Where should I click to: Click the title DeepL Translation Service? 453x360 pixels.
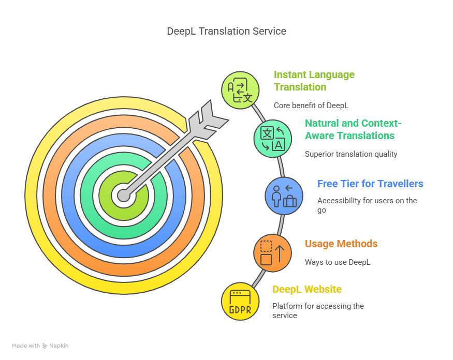pyautogui.click(x=226, y=32)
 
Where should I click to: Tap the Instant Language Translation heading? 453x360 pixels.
pyautogui.click(x=314, y=81)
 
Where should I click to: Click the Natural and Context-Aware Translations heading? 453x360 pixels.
pyautogui.click(x=353, y=129)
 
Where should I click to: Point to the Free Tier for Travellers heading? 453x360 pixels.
pyautogui.click(x=370, y=184)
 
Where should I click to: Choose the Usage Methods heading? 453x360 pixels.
pyautogui.click(x=341, y=244)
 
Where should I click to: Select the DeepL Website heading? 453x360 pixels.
pyautogui.click(x=307, y=289)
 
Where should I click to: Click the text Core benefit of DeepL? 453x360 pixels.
pyautogui.click(x=311, y=105)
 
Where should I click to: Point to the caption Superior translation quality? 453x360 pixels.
pyautogui.click(x=351, y=154)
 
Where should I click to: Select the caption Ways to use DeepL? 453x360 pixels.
pyautogui.click(x=338, y=262)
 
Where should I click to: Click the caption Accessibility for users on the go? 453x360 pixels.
pyautogui.click(x=367, y=205)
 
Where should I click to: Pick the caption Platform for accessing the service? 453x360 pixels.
pyautogui.click(x=318, y=310)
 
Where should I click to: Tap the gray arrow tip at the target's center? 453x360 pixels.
pyautogui.click(x=124, y=196)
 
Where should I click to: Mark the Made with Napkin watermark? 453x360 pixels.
pyautogui.click(x=40, y=346)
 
